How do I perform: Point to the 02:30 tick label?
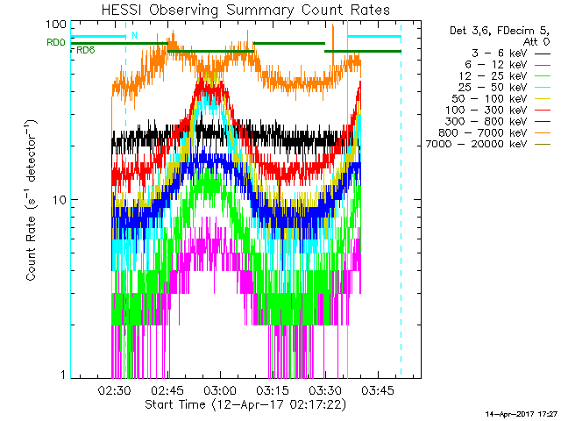(x=115, y=389)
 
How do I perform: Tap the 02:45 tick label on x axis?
(x=167, y=389)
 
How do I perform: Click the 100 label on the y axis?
(x=58, y=25)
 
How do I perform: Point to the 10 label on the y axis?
(x=60, y=200)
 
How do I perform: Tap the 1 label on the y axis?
(x=63, y=375)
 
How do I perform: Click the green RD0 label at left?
(x=55, y=42)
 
